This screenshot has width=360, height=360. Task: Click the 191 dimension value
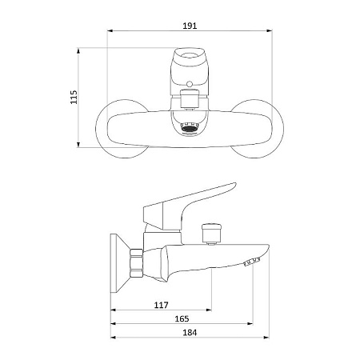pos(190,26)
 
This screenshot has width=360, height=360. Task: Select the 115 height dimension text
pos(74,97)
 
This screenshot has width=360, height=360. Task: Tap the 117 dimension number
pos(161,305)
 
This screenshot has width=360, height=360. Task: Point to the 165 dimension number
pos(182,318)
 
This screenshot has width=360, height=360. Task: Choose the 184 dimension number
pos(190,333)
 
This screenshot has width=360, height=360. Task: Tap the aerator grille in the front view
pos(190,127)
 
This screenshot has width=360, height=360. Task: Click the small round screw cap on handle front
pos(189,84)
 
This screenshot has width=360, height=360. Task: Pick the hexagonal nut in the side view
pos(136,263)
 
